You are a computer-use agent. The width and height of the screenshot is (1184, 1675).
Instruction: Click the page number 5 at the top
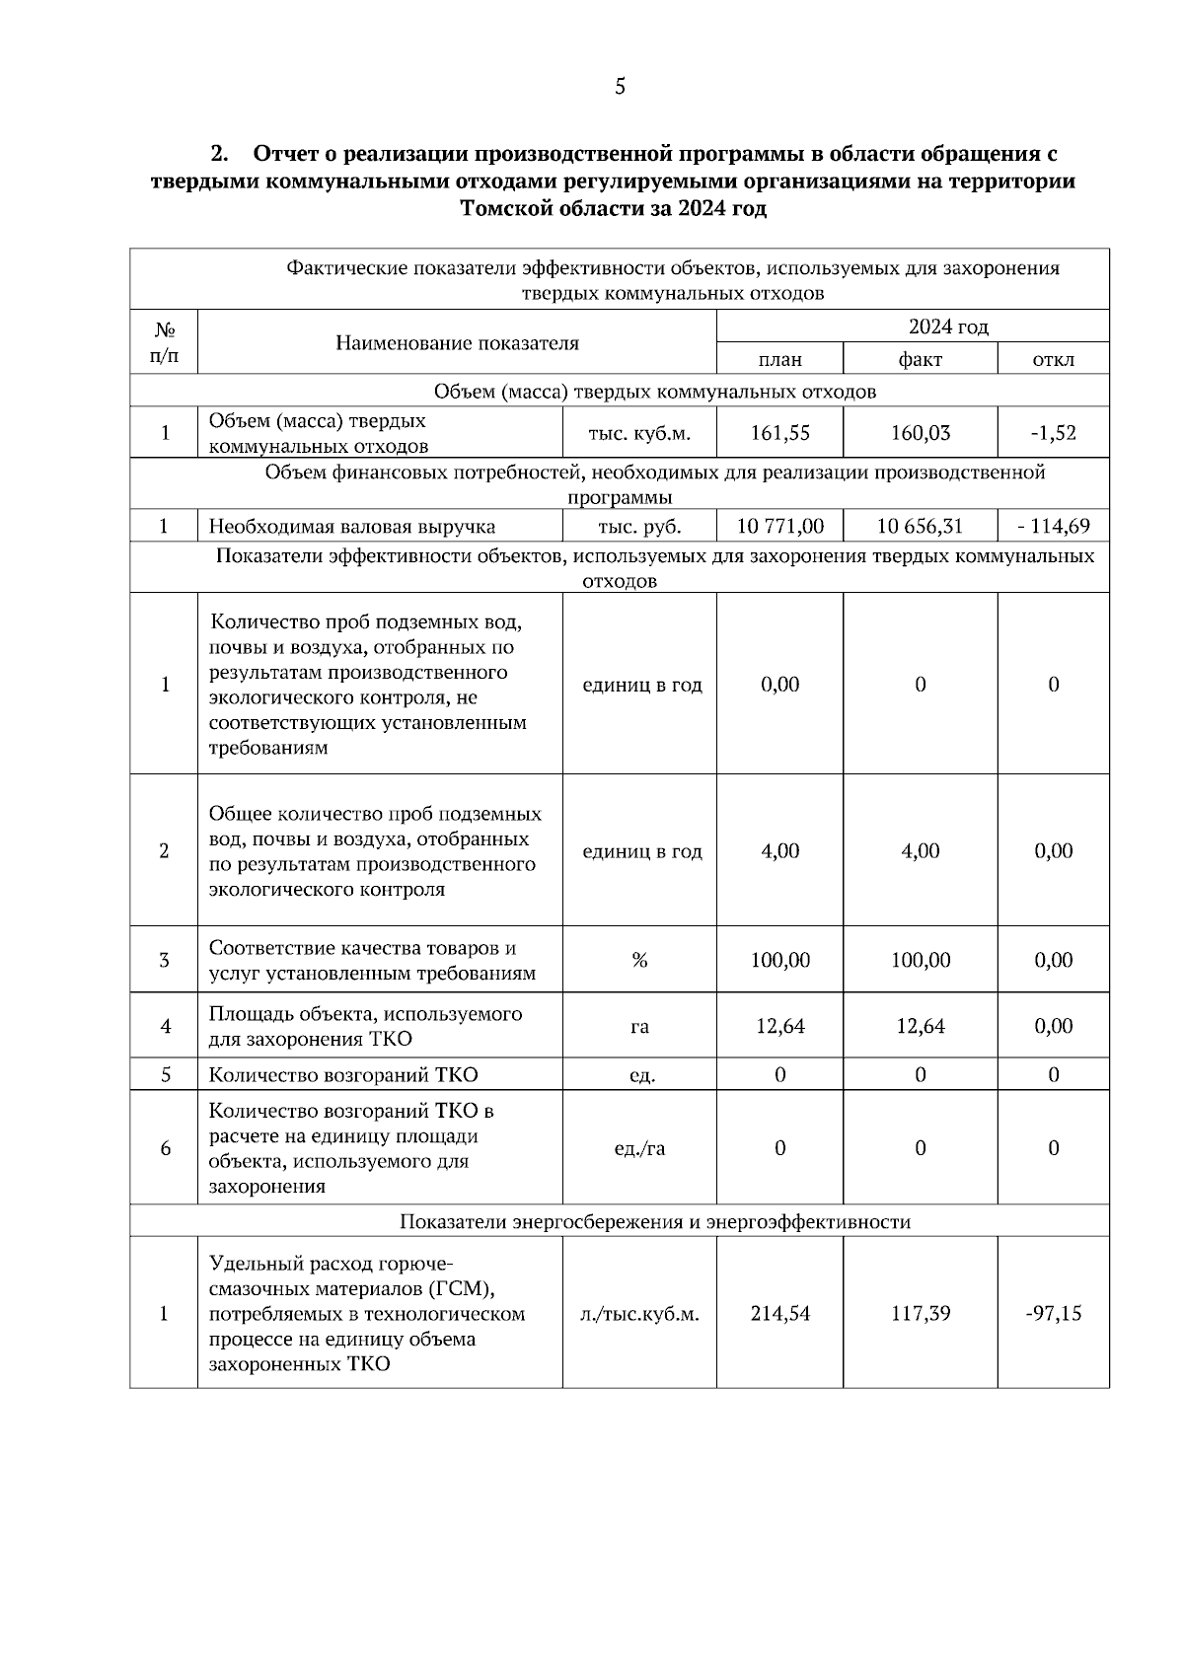pyautogui.click(x=620, y=87)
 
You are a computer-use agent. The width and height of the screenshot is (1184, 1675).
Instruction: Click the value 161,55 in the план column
pyautogui.click(x=779, y=432)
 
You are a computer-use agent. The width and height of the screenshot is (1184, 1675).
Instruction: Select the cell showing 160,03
pyautogui.click(x=920, y=432)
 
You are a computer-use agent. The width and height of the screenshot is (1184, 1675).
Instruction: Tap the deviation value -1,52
pyautogui.click(x=1053, y=432)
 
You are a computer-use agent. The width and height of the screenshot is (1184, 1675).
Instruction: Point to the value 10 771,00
pyautogui.click(x=779, y=526)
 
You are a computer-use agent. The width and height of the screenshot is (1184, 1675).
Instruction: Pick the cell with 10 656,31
pyautogui.click(x=920, y=526)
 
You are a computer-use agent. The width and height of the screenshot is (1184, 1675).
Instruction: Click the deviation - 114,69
pyautogui.click(x=1053, y=526)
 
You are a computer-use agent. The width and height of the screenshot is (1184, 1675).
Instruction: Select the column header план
pyautogui.click(x=779, y=359)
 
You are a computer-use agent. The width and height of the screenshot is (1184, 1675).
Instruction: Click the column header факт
pyautogui.click(x=920, y=359)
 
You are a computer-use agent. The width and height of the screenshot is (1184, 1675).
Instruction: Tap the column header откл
pyautogui.click(x=1053, y=359)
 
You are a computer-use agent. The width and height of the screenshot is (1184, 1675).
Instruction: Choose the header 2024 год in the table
pyautogui.click(x=947, y=327)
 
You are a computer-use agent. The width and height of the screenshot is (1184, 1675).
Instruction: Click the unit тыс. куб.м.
pyautogui.click(x=639, y=432)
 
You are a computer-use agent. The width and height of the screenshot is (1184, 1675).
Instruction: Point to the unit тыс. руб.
pyautogui.click(x=639, y=526)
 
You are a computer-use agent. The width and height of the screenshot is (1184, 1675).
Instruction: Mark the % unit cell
pyautogui.click(x=639, y=960)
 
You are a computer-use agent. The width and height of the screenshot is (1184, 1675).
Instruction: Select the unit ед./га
pyautogui.click(x=639, y=1147)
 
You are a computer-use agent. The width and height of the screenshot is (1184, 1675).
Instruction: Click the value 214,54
pyautogui.click(x=779, y=1313)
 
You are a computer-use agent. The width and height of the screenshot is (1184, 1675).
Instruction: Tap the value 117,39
pyautogui.click(x=920, y=1313)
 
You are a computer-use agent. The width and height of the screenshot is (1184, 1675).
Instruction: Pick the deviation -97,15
pyautogui.click(x=1053, y=1313)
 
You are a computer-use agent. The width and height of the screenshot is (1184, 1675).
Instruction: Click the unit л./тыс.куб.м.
pyautogui.click(x=639, y=1313)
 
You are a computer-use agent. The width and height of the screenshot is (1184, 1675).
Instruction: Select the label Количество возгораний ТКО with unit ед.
pyautogui.click(x=343, y=1074)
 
